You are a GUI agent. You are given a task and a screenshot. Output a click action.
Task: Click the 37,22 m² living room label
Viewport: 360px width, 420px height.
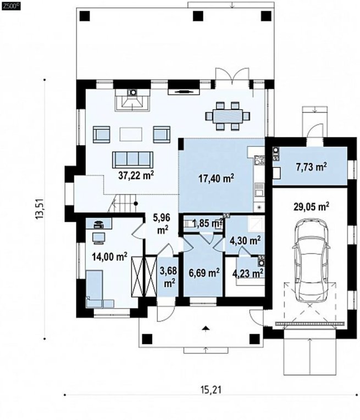136,176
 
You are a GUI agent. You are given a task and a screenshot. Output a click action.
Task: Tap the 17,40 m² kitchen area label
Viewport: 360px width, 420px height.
216,178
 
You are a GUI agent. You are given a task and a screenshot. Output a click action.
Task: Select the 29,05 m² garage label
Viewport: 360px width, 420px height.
311,207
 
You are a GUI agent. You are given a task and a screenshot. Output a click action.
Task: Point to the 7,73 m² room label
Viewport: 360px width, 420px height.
311,167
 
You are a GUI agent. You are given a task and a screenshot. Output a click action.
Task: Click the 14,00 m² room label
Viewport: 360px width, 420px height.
109,256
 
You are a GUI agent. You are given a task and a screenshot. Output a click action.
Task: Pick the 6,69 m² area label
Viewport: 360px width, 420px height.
204,273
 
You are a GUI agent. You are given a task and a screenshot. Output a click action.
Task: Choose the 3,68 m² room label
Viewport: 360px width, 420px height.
168,277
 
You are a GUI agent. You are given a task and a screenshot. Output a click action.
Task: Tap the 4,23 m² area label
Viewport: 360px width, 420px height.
247,273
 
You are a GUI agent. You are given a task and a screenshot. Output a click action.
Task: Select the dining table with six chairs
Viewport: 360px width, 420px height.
228,116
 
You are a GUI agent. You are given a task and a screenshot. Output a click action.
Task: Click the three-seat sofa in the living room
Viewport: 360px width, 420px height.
132,160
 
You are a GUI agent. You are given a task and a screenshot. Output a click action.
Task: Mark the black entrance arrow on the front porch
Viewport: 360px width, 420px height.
206,328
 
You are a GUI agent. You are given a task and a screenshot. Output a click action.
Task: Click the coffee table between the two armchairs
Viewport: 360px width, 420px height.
131,134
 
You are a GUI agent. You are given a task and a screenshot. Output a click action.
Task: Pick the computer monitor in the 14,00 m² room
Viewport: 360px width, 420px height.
99,238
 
